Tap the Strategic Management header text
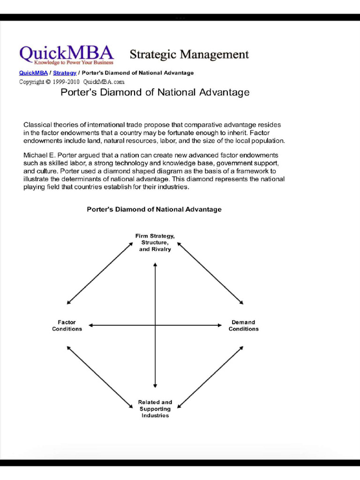(x=189, y=54)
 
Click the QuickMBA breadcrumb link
(x=33, y=73)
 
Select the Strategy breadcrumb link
(x=65, y=73)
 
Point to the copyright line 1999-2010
(x=71, y=82)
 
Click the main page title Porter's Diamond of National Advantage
(x=155, y=92)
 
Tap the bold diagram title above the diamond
(x=154, y=210)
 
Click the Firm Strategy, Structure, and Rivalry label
(x=155, y=242)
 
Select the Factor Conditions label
(x=67, y=325)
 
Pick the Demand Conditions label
(x=243, y=325)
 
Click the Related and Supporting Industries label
(x=155, y=409)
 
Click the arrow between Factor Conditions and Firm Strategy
(x=100, y=273)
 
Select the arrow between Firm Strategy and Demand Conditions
(x=210, y=273)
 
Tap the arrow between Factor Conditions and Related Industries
(x=100, y=377)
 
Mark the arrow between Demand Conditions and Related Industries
(x=210, y=377)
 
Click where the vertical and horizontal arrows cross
(x=155, y=325)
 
